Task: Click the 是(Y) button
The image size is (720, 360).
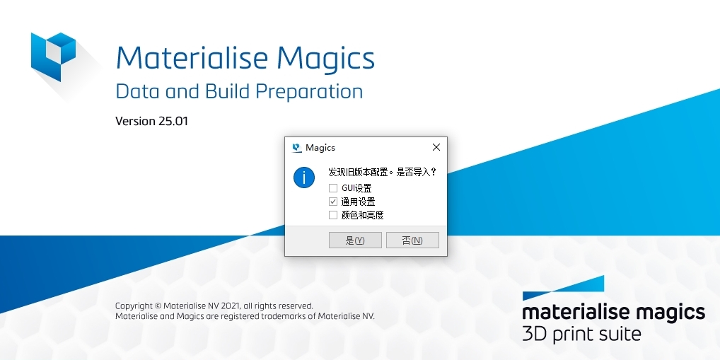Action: pyautogui.click(x=355, y=240)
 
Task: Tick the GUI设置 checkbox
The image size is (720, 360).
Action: pyautogui.click(x=333, y=188)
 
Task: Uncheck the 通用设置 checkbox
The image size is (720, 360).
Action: pyautogui.click(x=333, y=202)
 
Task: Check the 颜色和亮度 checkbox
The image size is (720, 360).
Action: pyautogui.click(x=333, y=215)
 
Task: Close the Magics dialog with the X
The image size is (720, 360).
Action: pyautogui.click(x=436, y=147)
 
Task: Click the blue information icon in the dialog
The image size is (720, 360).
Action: pyautogui.click(x=304, y=178)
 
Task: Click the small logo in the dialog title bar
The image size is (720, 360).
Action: pyautogui.click(x=297, y=148)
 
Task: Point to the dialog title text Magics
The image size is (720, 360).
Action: pyautogui.click(x=320, y=148)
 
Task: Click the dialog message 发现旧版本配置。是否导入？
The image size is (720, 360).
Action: pyautogui.click(x=383, y=172)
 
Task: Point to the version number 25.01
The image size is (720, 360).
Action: pyautogui.click(x=173, y=121)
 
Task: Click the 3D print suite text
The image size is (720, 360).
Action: pyautogui.click(x=581, y=333)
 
